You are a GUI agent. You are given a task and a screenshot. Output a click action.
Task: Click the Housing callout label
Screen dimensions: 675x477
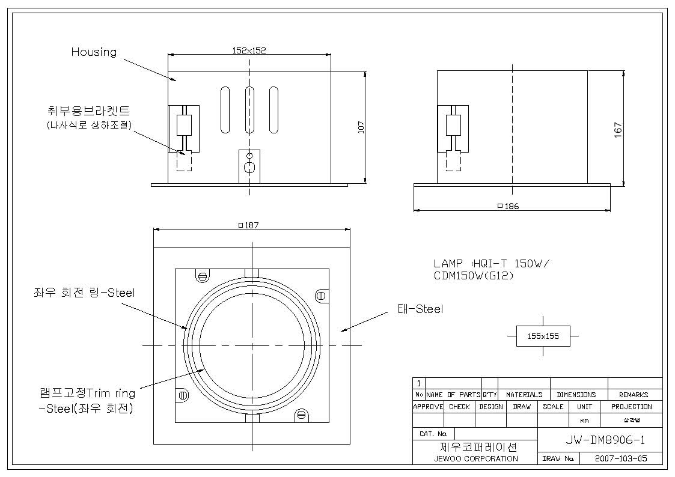94,52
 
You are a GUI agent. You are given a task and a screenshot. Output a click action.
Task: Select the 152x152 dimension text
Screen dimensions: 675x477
249,50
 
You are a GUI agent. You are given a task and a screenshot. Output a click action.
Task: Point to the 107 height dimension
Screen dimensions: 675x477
361,127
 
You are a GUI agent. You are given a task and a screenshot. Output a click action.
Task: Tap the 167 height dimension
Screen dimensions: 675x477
618,130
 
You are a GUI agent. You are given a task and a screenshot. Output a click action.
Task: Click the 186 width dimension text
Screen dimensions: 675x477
509,206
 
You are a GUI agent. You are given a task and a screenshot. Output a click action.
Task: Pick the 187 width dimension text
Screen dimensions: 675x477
249,225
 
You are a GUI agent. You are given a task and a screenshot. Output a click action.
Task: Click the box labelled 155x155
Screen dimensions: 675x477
543,336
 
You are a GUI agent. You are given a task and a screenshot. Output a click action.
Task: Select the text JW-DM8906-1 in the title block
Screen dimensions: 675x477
605,440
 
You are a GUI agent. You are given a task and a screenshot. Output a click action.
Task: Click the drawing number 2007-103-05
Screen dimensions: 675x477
621,458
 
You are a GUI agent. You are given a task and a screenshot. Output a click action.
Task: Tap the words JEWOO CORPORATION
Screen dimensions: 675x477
476,458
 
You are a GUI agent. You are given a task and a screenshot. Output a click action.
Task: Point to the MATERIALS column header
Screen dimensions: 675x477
524,395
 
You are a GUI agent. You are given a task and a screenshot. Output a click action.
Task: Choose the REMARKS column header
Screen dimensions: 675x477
634,395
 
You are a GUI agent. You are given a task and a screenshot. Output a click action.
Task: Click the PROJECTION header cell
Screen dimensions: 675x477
632,407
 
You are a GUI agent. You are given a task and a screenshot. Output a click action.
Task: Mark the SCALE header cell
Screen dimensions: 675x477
553,407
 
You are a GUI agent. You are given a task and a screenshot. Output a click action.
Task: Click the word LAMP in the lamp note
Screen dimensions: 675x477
448,263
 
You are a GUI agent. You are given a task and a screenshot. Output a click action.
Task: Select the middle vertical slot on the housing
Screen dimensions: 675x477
249,110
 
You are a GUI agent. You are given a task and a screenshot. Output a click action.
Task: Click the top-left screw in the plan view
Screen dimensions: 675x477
203,276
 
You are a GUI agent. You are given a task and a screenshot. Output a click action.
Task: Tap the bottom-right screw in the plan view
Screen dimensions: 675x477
301,415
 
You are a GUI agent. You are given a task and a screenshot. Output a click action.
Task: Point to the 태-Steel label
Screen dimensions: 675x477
420,309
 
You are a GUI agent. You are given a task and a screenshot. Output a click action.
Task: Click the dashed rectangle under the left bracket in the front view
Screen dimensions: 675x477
185,160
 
